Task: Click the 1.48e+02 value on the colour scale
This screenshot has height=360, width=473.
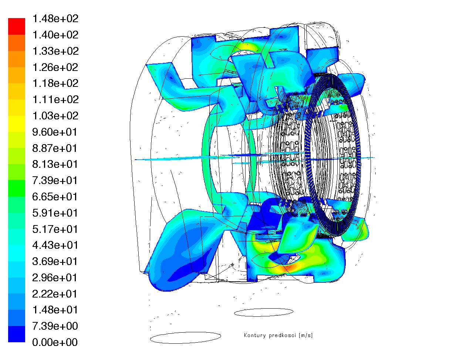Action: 55,19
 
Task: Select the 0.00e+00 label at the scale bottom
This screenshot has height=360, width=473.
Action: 55,342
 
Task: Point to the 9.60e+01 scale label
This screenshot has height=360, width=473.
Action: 55,132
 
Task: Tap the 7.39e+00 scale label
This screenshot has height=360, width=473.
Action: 55,326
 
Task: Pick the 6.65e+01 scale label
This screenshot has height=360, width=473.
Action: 55,197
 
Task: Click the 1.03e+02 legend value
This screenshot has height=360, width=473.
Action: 55,116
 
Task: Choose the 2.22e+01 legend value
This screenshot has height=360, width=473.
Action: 55,294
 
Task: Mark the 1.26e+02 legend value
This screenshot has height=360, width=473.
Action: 55,67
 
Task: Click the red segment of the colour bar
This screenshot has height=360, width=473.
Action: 17,26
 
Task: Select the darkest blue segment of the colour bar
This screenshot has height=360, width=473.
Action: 17,334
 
